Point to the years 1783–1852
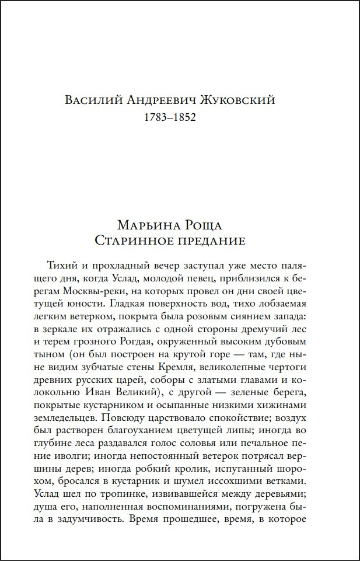169,117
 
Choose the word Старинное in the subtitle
137,240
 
